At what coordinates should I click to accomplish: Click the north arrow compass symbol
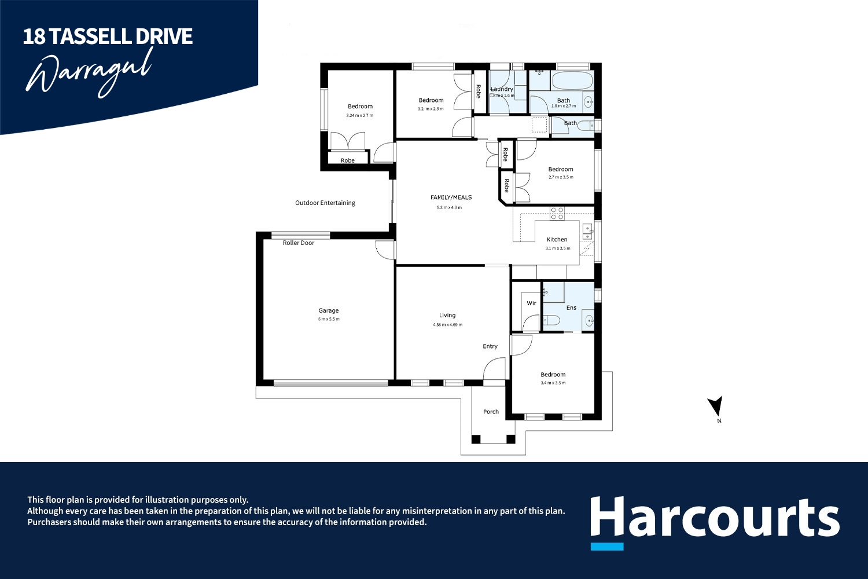pos(716,406)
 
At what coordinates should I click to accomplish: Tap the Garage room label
pos(328,311)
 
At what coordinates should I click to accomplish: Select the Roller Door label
pos(299,243)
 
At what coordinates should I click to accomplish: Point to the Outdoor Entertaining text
pos(325,203)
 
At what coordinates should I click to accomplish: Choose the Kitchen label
pos(557,240)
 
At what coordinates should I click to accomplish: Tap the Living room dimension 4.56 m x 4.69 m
pos(447,325)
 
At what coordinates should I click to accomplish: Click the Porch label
pos(491,412)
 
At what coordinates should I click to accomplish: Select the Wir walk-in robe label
pos(531,303)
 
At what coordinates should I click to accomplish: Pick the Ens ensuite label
pos(571,308)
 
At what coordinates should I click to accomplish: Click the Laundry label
pos(502,89)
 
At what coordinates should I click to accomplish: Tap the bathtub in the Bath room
pos(572,80)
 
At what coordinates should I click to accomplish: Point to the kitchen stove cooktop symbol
pos(557,214)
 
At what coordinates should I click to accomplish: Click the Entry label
pos(490,347)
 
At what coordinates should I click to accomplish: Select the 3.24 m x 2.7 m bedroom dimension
pos(360,116)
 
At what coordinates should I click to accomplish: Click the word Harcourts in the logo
pos(714,517)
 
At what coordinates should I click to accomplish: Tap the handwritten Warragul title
pos(90,72)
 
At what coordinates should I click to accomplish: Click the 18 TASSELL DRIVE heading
pos(108,36)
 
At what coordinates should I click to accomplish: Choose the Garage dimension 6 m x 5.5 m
pos(328,319)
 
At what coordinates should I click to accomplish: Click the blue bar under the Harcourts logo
pos(607,546)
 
